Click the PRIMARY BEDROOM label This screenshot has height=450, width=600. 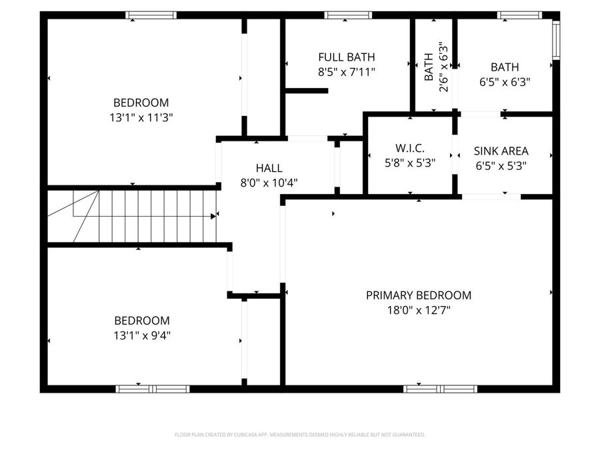pyautogui.click(x=418, y=295)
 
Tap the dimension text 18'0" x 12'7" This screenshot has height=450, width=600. pyautogui.click(x=418, y=310)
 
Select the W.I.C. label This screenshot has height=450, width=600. pyautogui.click(x=409, y=148)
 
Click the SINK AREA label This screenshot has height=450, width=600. pyautogui.click(x=501, y=151)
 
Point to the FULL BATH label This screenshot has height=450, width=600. pyautogui.click(x=346, y=57)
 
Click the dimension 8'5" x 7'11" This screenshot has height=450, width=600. pyautogui.click(x=346, y=72)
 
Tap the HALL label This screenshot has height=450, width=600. pyautogui.click(x=269, y=168)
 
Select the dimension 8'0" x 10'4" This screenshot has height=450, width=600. pyautogui.click(x=269, y=183)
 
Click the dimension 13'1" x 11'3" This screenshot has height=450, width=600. pyautogui.click(x=141, y=117)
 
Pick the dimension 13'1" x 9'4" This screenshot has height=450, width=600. pyautogui.click(x=141, y=335)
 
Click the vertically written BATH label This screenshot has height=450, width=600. pyautogui.click(x=429, y=67)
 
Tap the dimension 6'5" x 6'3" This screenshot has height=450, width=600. pyautogui.click(x=505, y=82)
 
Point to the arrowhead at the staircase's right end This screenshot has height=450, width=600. pyautogui.click(x=213, y=216)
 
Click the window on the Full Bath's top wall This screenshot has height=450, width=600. pyautogui.click(x=347, y=15)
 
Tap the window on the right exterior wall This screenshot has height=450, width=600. pyautogui.click(x=556, y=40)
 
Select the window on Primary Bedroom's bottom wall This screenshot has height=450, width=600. pyautogui.click(x=441, y=389)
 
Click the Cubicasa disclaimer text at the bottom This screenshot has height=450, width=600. pyautogui.click(x=299, y=435)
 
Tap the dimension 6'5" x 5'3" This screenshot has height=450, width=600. pyautogui.click(x=501, y=167)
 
